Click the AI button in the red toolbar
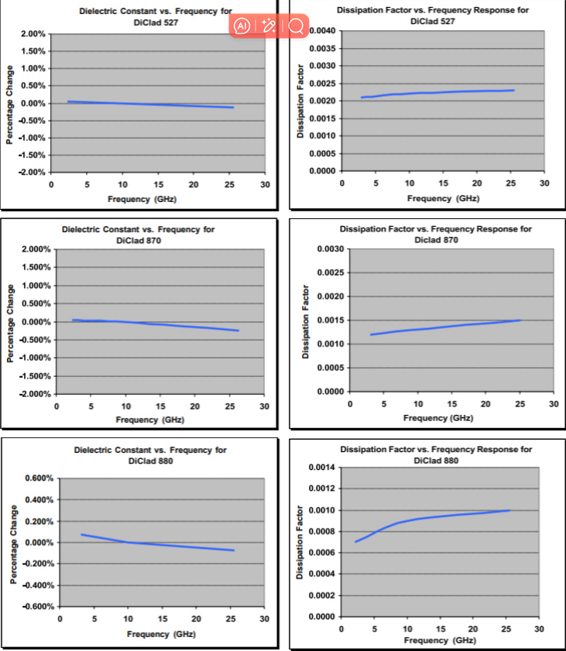[x=242, y=26]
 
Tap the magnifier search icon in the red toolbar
[x=296, y=26]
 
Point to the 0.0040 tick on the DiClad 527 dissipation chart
[x=322, y=31]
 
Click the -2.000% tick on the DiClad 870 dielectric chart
[x=34, y=394]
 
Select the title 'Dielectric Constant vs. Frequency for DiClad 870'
[x=139, y=235]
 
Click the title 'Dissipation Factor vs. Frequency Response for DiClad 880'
[x=436, y=454]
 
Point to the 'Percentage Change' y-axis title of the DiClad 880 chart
[x=13, y=544]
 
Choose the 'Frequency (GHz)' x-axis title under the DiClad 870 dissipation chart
[x=438, y=418]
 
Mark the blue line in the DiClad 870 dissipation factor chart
[x=444, y=326]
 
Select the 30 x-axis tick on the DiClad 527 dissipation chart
[x=544, y=183]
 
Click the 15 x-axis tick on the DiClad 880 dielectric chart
[x=162, y=618]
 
